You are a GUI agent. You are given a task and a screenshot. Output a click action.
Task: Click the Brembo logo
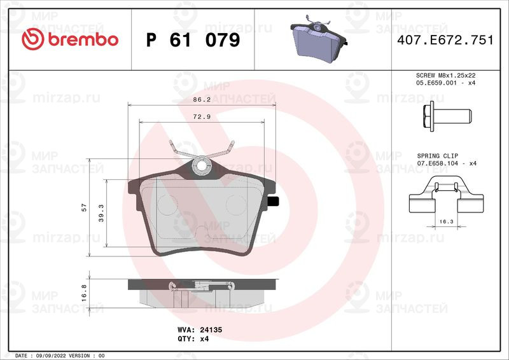70,39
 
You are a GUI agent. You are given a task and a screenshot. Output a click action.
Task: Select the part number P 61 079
193,40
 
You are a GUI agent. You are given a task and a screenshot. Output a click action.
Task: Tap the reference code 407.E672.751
445,40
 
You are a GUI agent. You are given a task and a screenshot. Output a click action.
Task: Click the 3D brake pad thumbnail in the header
319,39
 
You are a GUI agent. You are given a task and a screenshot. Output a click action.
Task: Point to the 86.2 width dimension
202,100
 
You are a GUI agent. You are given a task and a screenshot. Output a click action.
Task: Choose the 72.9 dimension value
202,117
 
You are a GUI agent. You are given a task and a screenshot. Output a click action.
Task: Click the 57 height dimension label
84,207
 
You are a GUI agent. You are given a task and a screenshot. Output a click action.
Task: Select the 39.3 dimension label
101,213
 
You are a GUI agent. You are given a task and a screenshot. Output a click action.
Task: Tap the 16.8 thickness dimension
84,293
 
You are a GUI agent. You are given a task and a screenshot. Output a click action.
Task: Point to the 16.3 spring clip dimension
446,221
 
